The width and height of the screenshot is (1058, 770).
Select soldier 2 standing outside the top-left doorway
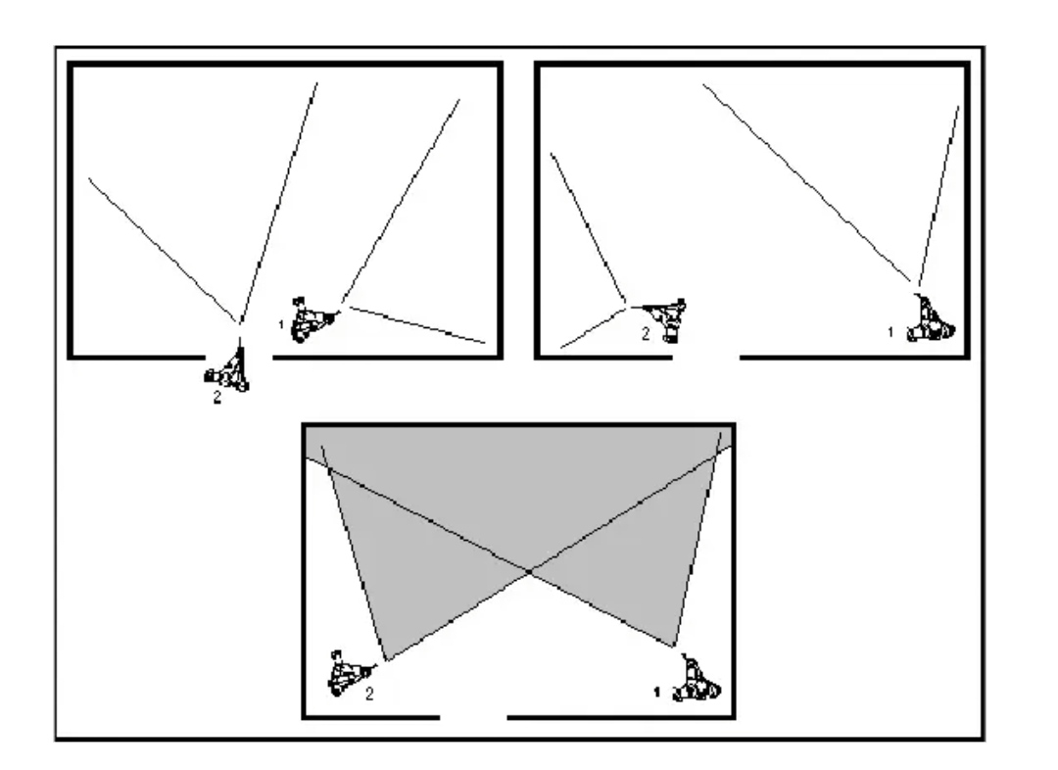[x=228, y=370]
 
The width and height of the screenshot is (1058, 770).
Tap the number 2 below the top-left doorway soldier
[x=216, y=398]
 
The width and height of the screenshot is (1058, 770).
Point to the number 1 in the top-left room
[x=281, y=325]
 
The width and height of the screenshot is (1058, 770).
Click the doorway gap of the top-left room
[x=239, y=357]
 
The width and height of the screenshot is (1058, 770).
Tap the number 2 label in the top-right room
[x=645, y=333]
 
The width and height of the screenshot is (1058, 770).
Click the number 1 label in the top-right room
[x=890, y=332]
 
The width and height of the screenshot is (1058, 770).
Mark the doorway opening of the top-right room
[x=706, y=357]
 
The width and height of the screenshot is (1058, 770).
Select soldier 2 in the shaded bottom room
[x=351, y=673]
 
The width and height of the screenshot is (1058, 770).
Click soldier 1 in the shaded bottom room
[x=697, y=679]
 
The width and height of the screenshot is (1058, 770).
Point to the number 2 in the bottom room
[x=369, y=694]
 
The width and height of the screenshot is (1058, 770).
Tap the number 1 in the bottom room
[x=656, y=692]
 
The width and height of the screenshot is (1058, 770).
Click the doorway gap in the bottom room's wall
[x=473, y=717]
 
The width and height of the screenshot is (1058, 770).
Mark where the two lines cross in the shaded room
[x=530, y=571]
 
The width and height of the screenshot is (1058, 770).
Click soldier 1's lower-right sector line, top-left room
[x=417, y=324]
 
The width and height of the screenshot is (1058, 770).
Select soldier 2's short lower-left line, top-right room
[x=594, y=328]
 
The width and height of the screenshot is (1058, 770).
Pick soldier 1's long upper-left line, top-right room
[x=806, y=183]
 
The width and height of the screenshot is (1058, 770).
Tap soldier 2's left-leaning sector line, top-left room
[x=163, y=250]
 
